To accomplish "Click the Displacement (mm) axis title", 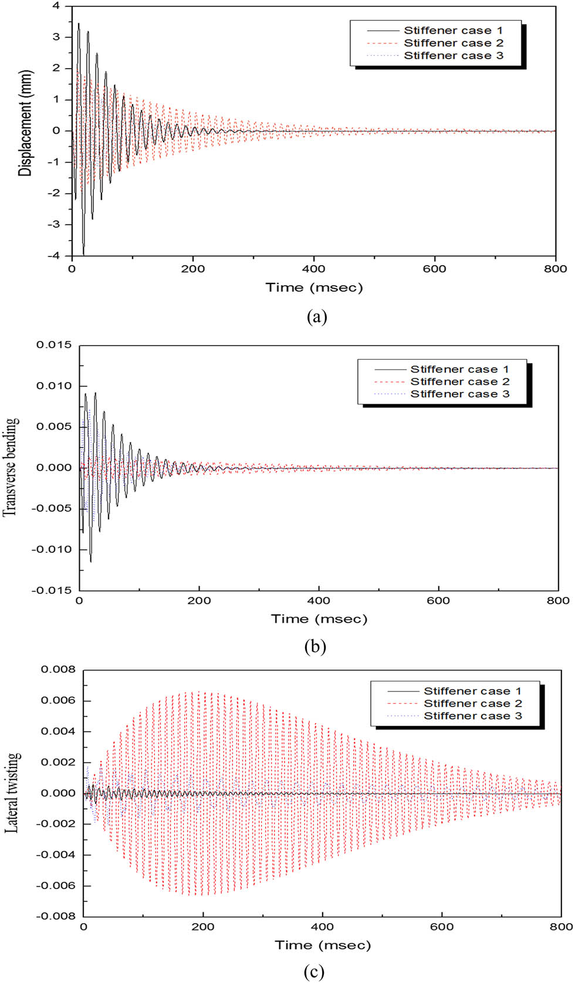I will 25,123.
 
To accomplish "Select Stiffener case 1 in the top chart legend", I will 453,31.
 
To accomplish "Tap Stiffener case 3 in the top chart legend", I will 453,56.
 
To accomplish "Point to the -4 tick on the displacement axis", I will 55,256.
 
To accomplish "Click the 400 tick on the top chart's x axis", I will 313,269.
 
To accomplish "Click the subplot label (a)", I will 317,317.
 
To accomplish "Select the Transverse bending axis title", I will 11,467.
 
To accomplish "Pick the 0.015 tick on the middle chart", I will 54,345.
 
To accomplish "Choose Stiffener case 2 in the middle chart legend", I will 459,381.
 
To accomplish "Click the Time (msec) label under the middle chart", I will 319,619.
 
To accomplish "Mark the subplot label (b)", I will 315,647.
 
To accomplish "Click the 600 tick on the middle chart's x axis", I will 438,601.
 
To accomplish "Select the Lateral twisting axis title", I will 13,792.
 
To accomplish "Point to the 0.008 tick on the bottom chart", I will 58,670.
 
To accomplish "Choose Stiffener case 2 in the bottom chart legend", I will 472,704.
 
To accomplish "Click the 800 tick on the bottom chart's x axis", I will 561,927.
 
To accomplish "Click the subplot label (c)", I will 314,972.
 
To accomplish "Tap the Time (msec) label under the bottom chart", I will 323,945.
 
